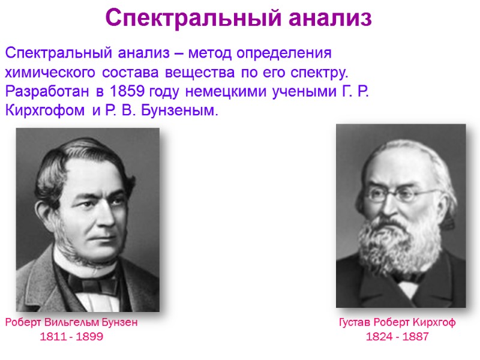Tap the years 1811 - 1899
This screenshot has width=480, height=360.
[71, 337]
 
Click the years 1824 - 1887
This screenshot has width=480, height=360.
[397, 337]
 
